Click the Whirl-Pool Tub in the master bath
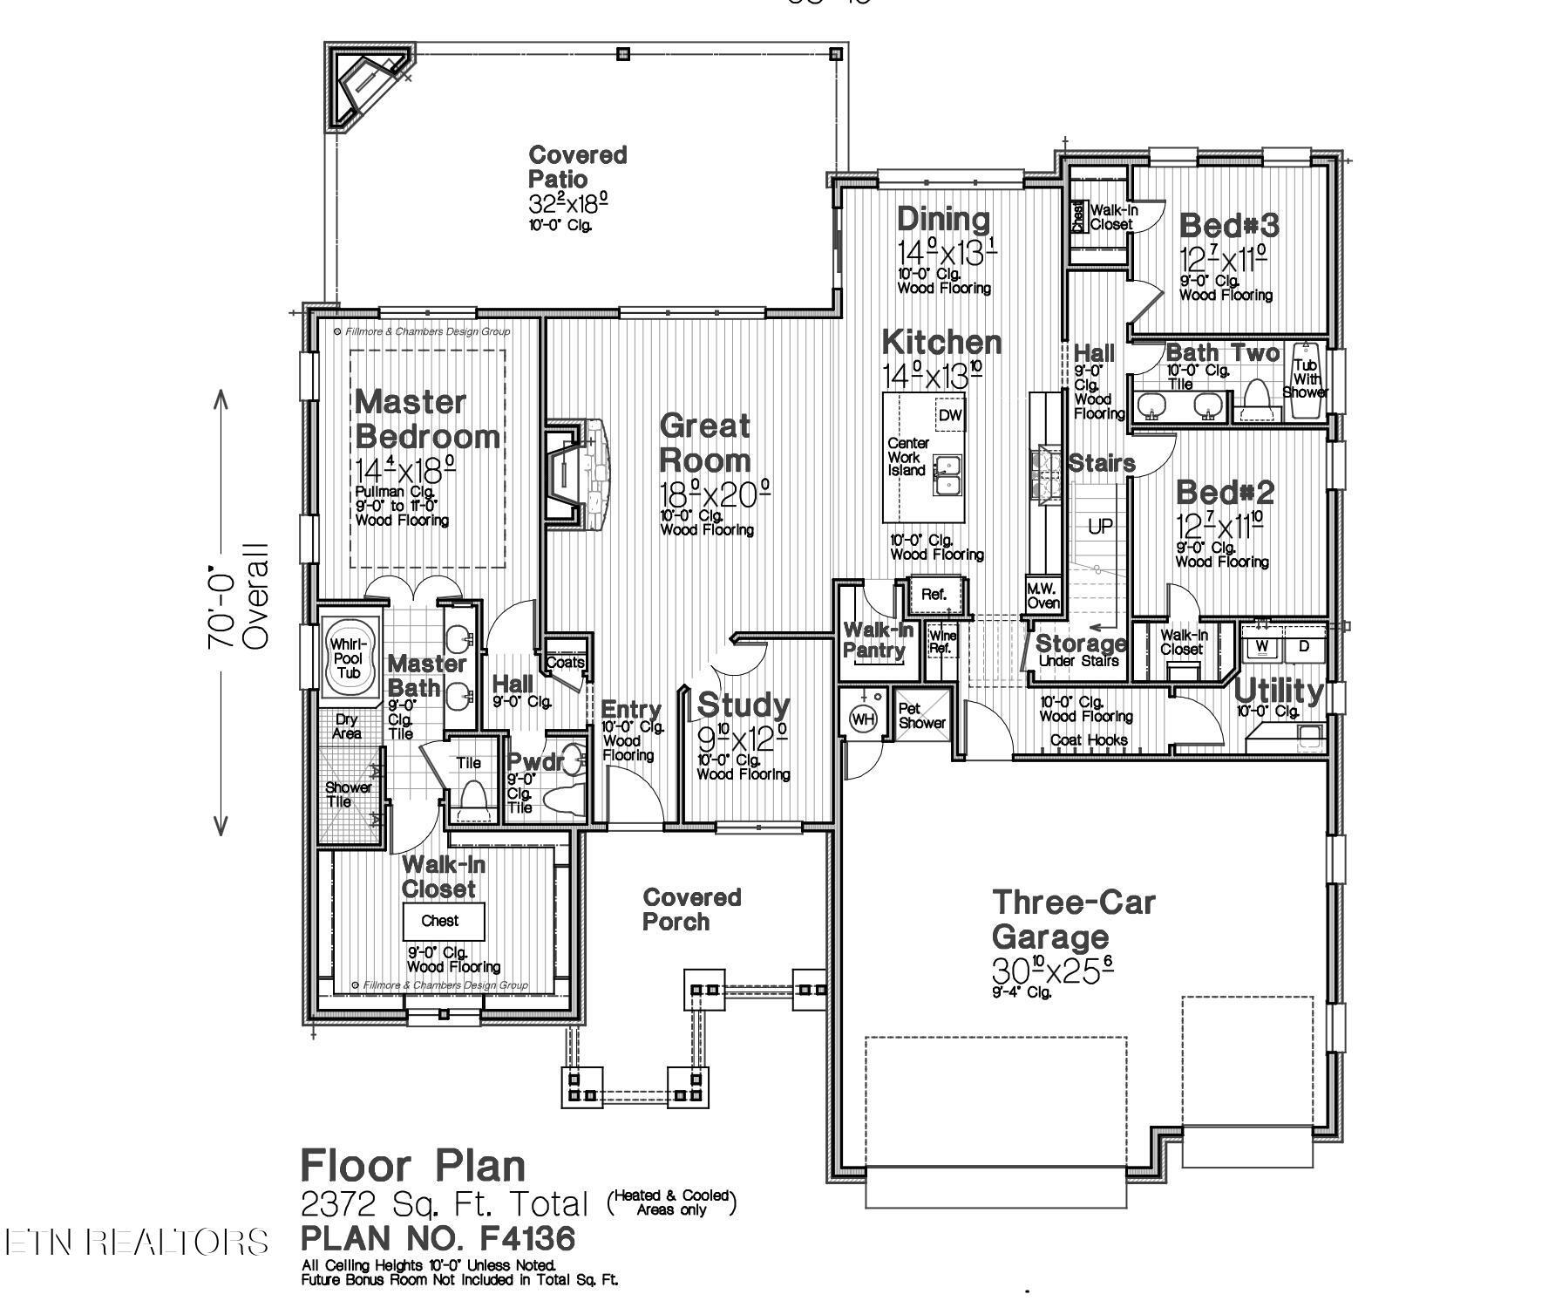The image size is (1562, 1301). click(349, 659)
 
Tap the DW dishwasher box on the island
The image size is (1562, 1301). click(950, 415)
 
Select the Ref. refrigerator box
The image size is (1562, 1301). click(934, 594)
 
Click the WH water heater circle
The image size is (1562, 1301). click(863, 719)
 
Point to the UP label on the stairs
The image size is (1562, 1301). click(1100, 526)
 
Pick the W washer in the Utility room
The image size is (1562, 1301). click(1261, 646)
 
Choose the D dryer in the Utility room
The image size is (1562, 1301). click(1304, 646)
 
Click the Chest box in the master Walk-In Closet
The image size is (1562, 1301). click(440, 921)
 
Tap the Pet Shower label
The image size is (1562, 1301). click(921, 716)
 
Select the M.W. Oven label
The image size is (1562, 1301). click(1042, 596)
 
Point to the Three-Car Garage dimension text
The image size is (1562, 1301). click(1052, 969)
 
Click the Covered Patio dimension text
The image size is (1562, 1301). click(567, 203)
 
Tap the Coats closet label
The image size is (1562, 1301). click(565, 663)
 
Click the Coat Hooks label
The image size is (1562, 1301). click(1089, 739)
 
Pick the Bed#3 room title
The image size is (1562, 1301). click(1229, 226)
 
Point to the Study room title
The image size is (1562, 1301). click(743, 705)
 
